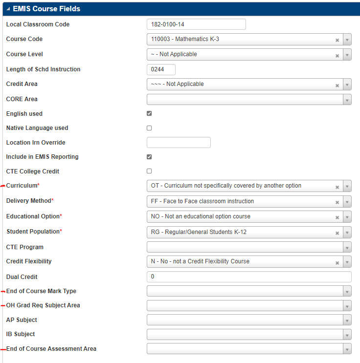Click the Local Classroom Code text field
pos(196,24)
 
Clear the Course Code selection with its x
pos(337,40)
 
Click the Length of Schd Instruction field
pos(161,69)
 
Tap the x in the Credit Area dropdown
pos(337,85)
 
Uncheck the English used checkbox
pos(149,113)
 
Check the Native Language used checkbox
pos(149,128)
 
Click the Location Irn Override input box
pos(179,143)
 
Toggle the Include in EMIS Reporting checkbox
pos(149,157)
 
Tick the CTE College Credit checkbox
pos(149,171)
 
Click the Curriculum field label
pos(22,186)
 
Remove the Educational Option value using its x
pos(337,217)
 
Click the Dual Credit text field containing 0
pos(248,277)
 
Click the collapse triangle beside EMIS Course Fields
pos(8,9)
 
